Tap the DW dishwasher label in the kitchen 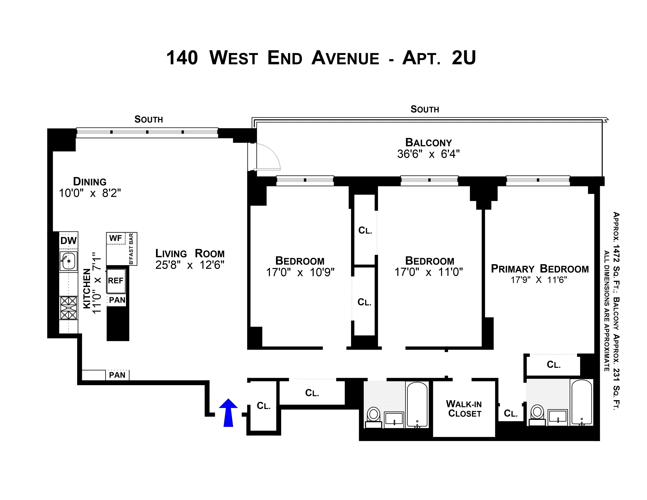68,240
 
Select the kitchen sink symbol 68,261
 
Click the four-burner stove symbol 68,308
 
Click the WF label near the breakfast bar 115,238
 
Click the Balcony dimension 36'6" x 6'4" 428,154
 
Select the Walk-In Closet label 464,409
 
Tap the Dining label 90,181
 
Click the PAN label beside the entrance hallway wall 117,375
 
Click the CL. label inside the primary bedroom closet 553,365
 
